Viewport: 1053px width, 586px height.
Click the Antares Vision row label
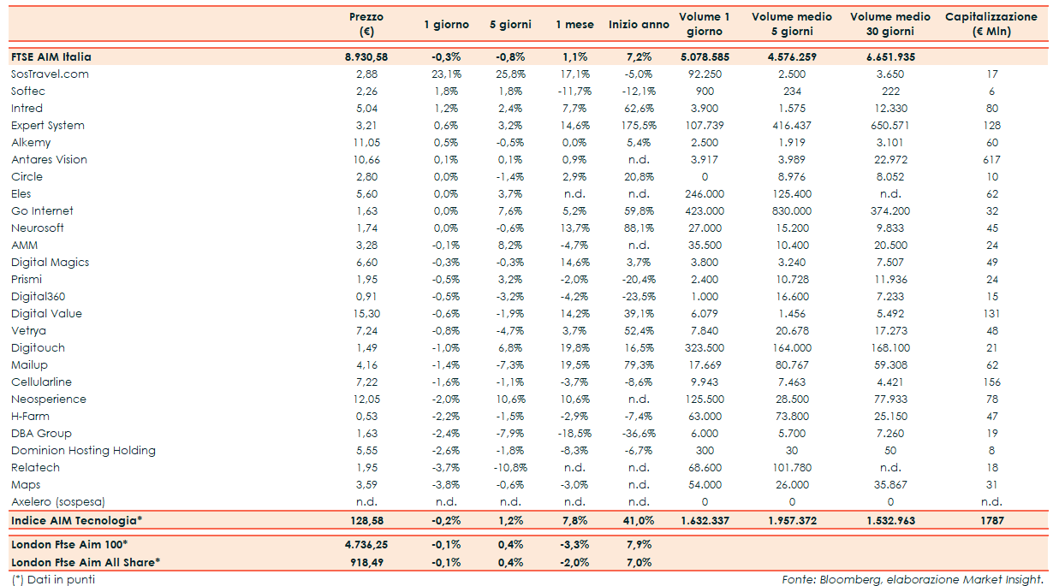pyautogui.click(x=49, y=160)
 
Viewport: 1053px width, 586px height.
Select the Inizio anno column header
pyautogui.click(x=639, y=25)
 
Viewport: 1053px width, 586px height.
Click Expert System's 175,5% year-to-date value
pyautogui.click(x=639, y=126)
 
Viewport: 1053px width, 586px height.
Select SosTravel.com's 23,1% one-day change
pyautogui.click(x=446, y=74)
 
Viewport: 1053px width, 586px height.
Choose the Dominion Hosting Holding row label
pyautogui.click(x=83, y=451)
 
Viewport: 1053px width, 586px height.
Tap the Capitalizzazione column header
pyautogui.click(x=991, y=25)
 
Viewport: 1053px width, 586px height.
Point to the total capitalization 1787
pyautogui.click(x=991, y=520)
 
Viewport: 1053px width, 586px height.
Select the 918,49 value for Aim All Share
pyautogui.click(x=366, y=562)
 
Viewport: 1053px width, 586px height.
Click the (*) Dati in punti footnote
pyautogui.click(x=53, y=580)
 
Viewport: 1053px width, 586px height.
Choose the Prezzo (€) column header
pyautogui.click(x=366, y=25)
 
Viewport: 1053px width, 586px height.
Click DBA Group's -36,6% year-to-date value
pyautogui.click(x=639, y=434)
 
